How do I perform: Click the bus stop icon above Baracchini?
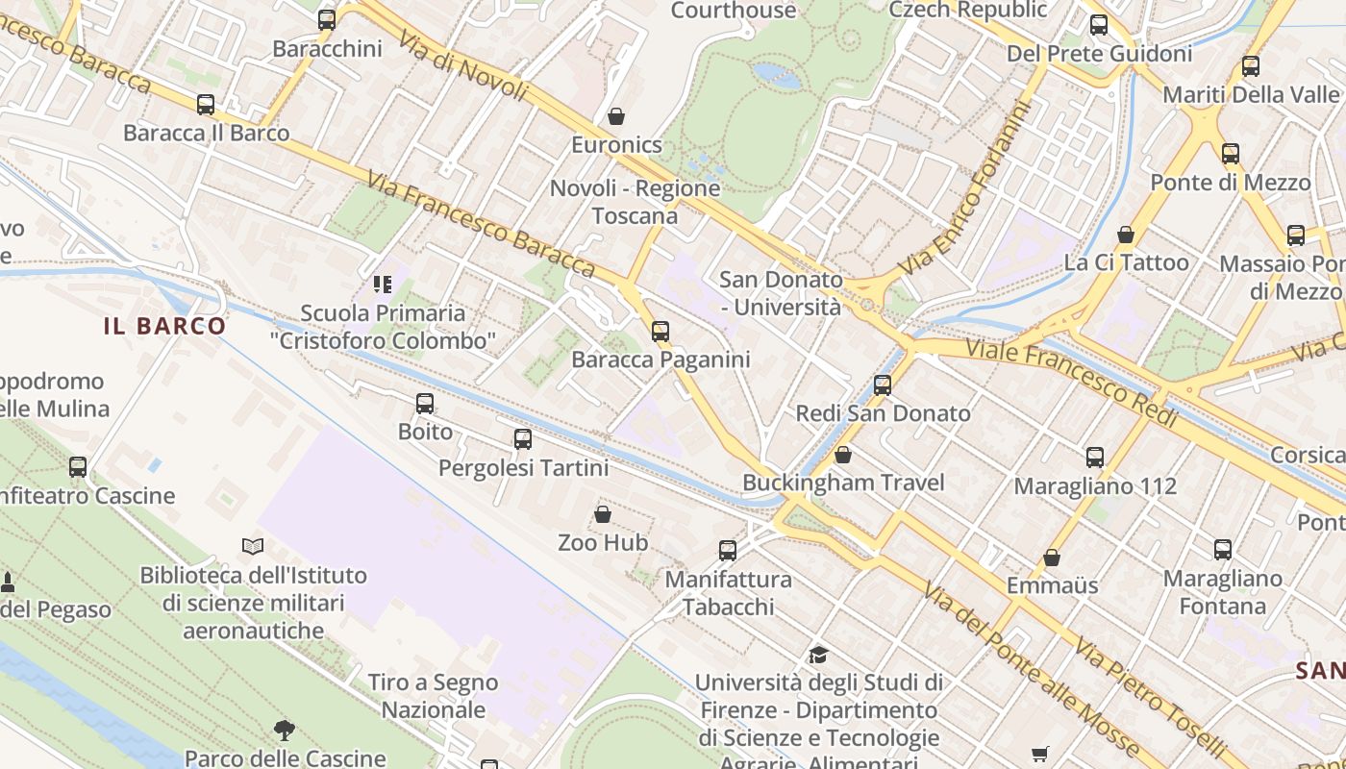[327, 19]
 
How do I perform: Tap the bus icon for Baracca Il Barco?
[206, 105]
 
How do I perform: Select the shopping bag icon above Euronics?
[616, 116]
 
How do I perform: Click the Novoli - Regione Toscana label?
[636, 202]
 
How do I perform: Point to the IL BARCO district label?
[165, 326]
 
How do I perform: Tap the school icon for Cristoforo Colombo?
[383, 285]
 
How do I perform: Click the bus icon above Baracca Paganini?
[661, 332]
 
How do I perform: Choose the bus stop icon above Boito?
[425, 404]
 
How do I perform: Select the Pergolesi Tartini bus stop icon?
[523, 439]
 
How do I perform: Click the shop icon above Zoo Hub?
[603, 514]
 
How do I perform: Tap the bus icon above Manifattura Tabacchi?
[728, 551]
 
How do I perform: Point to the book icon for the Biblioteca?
[253, 547]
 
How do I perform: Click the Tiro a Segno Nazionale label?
[434, 696]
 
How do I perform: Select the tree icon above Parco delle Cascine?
[284, 730]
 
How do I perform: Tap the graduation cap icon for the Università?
[818, 655]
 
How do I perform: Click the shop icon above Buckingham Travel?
[843, 454]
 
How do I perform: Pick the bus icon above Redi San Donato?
[883, 385]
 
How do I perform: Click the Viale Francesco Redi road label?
[1071, 381]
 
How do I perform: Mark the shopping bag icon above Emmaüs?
[1052, 558]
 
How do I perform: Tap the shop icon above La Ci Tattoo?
[1126, 235]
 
